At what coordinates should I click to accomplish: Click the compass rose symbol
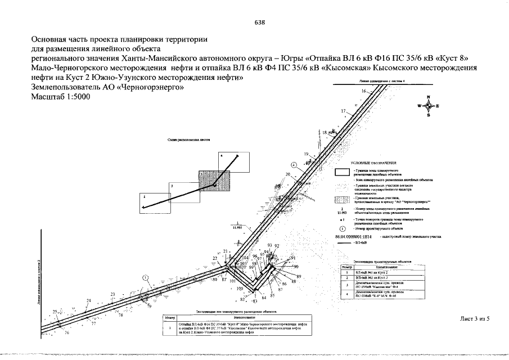pos(428,106)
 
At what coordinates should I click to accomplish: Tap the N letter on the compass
pos(428,97)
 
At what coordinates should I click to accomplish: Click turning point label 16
pos(364,91)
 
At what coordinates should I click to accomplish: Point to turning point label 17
pos(343,111)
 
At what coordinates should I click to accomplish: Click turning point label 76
pos(67,334)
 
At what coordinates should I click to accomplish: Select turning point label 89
pos(299,276)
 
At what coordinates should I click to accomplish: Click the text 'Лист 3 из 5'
pos(475,319)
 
